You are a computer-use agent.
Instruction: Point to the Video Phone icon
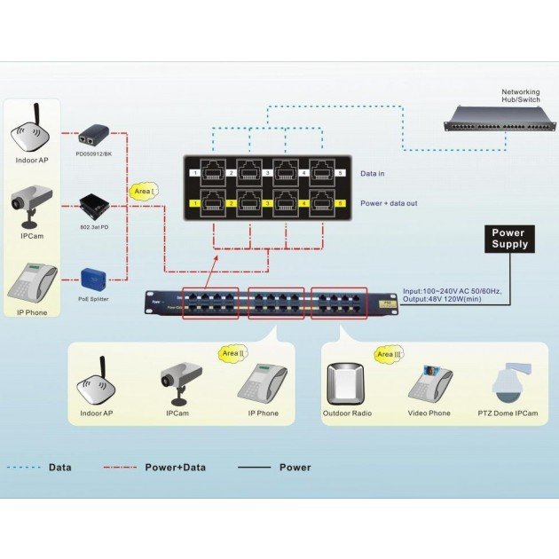[430, 382]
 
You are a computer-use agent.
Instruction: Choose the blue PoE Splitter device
[93, 277]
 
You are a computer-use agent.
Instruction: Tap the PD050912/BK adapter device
[92, 138]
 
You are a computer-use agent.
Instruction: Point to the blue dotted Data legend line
[24, 467]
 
